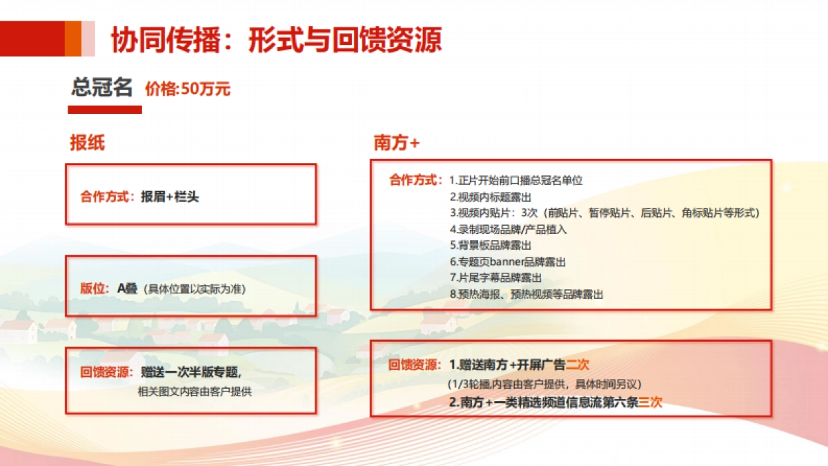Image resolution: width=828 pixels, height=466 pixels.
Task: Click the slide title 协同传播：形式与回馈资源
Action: coord(276,40)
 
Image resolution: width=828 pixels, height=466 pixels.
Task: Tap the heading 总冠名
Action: coord(101,88)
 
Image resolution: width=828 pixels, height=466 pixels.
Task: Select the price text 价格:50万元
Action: coord(188,89)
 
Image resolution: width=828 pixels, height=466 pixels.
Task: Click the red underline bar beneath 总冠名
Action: coord(105,110)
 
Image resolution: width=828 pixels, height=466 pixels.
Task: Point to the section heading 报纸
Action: coord(87,142)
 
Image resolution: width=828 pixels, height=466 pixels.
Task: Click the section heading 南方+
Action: coord(397,143)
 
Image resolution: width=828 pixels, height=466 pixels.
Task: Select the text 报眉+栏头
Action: coord(170,197)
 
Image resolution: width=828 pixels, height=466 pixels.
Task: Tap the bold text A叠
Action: coord(128,289)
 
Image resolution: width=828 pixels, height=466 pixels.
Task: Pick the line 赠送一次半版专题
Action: coord(191,372)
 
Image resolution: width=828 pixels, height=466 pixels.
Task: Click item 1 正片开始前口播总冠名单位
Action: coord(515,181)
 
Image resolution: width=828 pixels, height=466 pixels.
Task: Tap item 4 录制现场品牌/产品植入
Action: coord(508,229)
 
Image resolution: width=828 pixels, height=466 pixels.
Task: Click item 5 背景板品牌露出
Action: coord(491,245)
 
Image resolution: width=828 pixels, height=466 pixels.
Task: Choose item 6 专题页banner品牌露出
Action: coord(507,262)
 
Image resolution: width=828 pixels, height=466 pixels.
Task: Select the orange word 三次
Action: coord(650,402)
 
